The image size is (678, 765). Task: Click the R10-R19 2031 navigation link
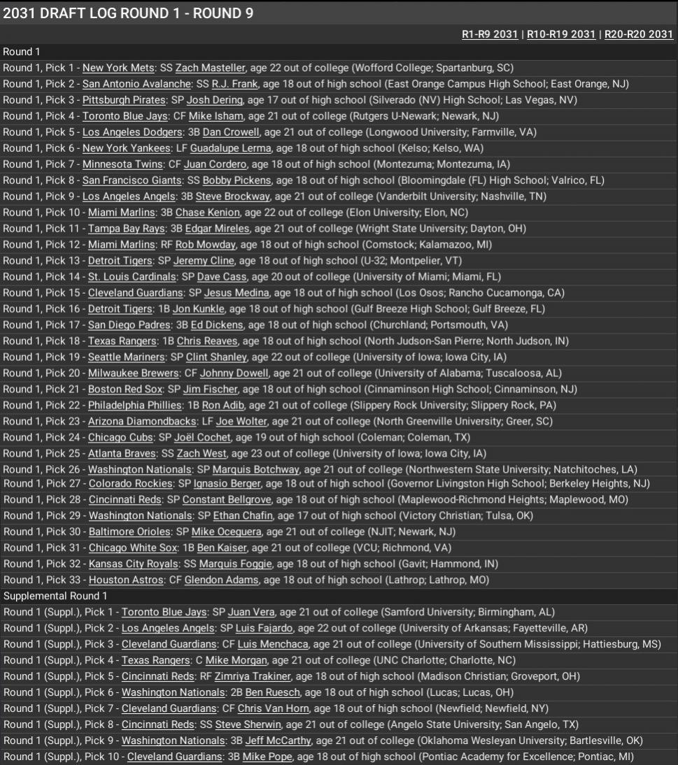coord(560,34)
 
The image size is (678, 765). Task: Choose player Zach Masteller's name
coord(210,68)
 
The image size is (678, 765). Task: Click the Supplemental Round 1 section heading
coord(55,596)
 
